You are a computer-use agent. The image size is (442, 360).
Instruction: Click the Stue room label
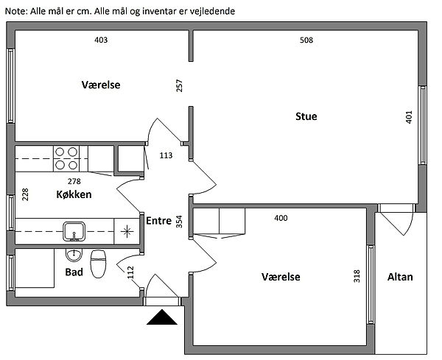tap(306, 116)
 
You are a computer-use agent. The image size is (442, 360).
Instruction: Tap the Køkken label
tap(74, 195)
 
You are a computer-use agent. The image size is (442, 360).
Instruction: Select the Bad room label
tap(74, 271)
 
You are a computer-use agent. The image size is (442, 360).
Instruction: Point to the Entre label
tap(159, 220)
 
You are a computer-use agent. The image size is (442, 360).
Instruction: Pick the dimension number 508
tap(306, 40)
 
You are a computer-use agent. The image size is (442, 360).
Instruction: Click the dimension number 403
tap(102, 40)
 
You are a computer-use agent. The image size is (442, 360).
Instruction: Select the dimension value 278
tap(74, 180)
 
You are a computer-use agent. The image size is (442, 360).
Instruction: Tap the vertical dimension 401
tap(410, 118)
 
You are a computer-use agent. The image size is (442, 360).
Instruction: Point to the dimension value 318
tap(357, 276)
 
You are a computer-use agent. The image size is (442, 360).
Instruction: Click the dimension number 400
tap(281, 218)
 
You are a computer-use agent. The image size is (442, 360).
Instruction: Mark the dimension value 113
tap(166, 155)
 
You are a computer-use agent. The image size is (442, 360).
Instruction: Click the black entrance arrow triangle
tap(161, 317)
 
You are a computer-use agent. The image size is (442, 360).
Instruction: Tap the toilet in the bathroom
tap(98, 262)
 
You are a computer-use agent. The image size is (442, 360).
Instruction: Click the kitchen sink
tap(74, 231)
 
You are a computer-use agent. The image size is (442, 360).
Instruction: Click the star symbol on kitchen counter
tap(128, 231)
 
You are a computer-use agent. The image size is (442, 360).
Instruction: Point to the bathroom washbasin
tap(74, 255)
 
